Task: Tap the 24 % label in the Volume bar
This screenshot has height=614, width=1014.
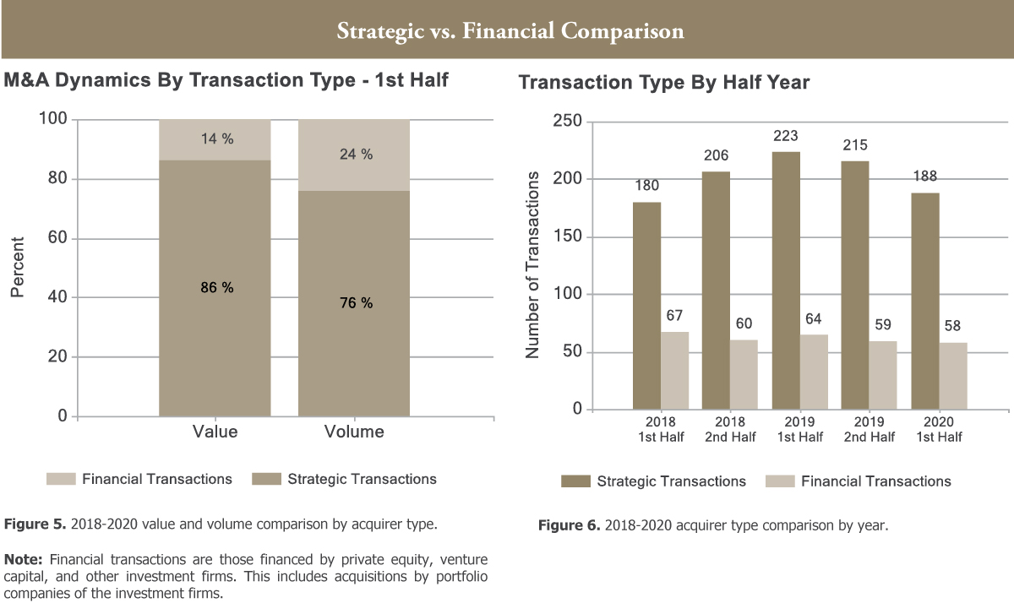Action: click(x=355, y=155)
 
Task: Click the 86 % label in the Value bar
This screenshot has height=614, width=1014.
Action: click(x=216, y=288)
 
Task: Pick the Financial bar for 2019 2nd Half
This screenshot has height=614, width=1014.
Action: click(x=883, y=375)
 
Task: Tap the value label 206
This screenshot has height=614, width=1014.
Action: click(x=716, y=156)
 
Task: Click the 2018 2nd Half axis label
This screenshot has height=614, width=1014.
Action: click(x=730, y=429)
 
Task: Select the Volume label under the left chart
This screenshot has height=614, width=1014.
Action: click(x=354, y=432)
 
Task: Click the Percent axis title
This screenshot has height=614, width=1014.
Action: click(x=18, y=267)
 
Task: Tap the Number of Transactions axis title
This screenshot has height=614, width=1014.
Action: click(x=532, y=264)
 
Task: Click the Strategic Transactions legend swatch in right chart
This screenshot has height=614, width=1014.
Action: click(x=575, y=481)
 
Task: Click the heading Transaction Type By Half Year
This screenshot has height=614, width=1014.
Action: click(x=664, y=83)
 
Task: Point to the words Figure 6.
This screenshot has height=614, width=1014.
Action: click(x=569, y=526)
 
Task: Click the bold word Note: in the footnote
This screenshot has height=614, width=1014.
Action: click(x=25, y=559)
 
